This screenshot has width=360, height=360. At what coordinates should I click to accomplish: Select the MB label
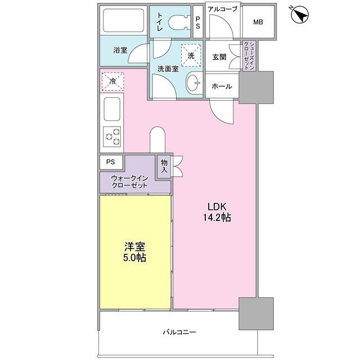coord(258,22)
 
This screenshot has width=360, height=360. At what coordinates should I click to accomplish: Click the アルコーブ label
coord(222,8)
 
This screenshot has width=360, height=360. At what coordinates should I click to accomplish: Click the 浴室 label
coord(120,51)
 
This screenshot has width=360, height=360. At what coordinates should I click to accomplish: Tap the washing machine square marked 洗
coord(191,56)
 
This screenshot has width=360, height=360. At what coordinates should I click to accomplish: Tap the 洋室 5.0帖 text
coord(135,252)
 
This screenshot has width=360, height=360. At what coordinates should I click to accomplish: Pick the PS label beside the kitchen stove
coord(110,161)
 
